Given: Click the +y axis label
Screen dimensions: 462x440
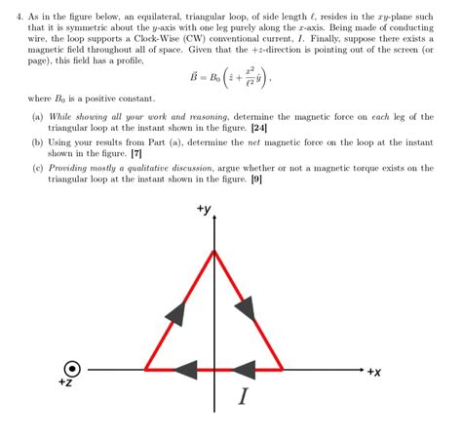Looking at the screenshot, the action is (x=204, y=209).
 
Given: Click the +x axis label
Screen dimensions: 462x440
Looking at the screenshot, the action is (x=374, y=372).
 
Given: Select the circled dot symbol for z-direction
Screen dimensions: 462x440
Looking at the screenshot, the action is (x=72, y=369).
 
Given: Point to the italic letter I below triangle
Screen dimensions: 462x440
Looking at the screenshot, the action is (x=243, y=397).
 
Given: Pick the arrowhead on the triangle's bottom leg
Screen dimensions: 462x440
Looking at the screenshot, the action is (x=185, y=369).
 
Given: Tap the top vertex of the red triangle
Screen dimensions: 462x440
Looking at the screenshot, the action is (x=214, y=251).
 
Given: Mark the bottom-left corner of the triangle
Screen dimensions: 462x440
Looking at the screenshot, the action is (x=146, y=369).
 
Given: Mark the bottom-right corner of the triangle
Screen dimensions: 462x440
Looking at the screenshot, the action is (x=283, y=369).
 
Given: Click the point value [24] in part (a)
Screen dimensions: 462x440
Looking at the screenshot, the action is (x=259, y=129).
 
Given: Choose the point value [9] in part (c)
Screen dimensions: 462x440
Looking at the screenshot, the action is (x=255, y=180).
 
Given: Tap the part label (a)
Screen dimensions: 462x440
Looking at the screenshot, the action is (x=37, y=117).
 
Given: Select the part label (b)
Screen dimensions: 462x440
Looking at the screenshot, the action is (x=37, y=142).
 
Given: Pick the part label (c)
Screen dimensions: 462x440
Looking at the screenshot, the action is (x=37, y=168).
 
